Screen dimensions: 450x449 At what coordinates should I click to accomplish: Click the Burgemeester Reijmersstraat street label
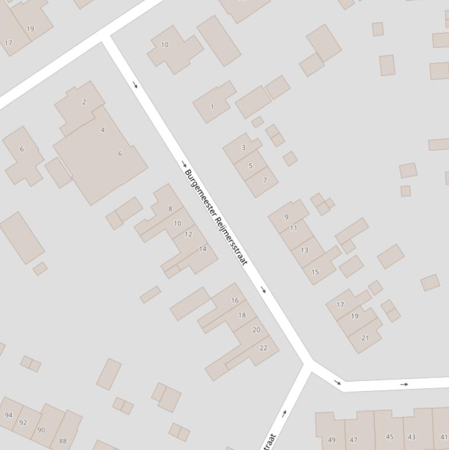coord(216,217)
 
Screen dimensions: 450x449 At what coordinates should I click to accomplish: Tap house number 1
coord(212,107)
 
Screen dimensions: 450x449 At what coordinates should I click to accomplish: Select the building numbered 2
coord(84,102)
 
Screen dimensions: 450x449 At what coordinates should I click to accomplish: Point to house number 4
coord(103,130)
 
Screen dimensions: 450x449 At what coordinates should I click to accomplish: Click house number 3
coord(243,147)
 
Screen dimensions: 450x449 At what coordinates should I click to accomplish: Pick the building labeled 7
coord(264,180)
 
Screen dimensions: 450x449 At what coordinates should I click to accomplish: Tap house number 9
coord(287,217)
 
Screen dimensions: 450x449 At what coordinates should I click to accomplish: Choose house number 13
coord(304,250)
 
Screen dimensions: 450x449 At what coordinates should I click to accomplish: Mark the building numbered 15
coord(315,272)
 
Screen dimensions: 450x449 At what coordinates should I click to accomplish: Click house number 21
coord(366,338)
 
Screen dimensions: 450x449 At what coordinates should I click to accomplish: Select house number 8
coord(170,209)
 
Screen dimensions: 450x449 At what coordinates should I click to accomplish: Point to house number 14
coord(203,249)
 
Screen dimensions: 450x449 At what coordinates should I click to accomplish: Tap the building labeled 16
coord(235,300)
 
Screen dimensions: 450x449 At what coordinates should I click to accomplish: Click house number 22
coord(263,348)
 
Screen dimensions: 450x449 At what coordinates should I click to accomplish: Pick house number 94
coord(8,415)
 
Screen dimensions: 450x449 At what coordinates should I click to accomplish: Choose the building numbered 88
coord(63,441)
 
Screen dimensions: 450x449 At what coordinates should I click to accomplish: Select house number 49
coord(332,440)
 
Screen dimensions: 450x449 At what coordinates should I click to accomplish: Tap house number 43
coord(412,437)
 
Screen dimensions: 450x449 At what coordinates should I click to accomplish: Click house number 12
coord(188,234)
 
